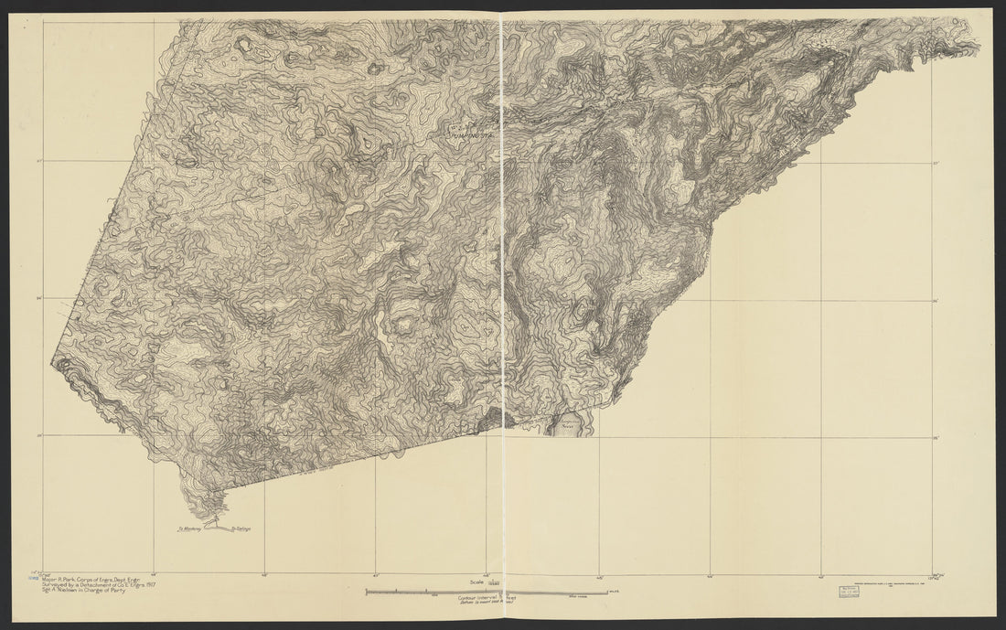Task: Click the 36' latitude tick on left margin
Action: (38, 298)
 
